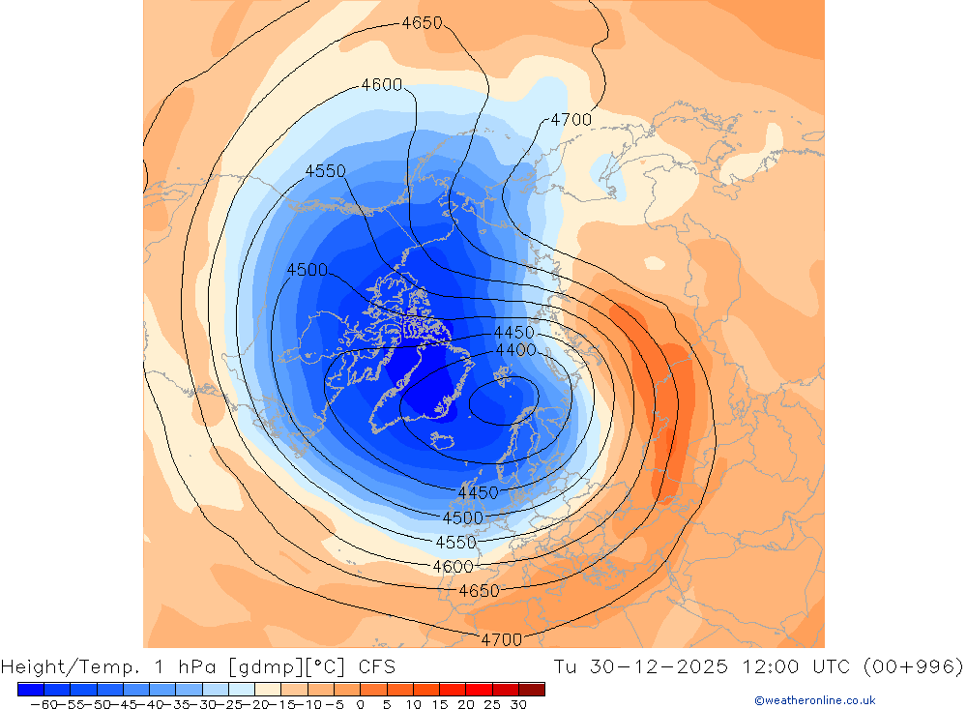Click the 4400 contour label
point(515,349)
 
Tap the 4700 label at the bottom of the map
point(501,639)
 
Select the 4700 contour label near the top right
point(571,120)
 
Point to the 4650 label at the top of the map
point(422,23)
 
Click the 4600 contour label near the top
point(381,85)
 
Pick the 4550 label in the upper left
point(325,171)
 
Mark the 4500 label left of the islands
point(307,270)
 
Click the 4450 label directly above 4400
point(513,333)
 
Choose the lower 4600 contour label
point(453,567)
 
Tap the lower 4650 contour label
point(479,591)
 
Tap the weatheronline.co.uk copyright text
point(815,700)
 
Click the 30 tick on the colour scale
point(518,704)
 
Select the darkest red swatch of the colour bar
point(531,689)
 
